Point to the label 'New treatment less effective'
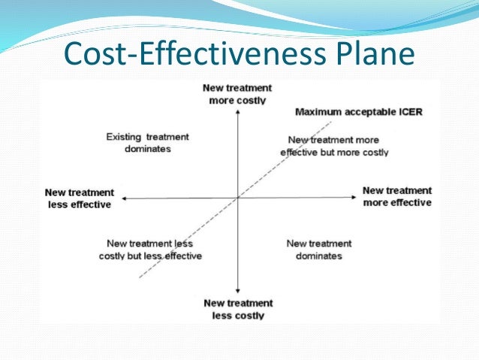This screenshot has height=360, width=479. tap(79, 198)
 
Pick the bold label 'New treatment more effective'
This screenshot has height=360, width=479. tap(397, 196)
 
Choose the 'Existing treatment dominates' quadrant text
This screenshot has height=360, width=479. tap(148, 143)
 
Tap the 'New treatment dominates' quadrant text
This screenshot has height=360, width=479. tap(319, 250)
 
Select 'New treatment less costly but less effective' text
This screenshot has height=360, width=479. tap(150, 250)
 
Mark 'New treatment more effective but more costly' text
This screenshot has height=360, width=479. tap(334, 146)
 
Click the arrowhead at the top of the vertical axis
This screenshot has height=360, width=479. tap(237, 110)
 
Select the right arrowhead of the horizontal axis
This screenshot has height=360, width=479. tap(354, 198)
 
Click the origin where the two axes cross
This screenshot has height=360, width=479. tap(237, 198)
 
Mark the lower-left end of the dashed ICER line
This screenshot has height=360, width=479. tap(140, 278)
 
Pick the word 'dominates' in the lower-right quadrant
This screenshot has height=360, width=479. tap(319, 256)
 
